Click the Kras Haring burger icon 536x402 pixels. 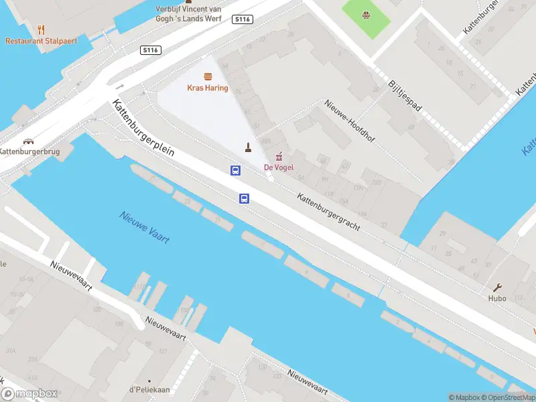tap(207, 77)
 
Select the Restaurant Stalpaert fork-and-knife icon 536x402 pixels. tap(41, 29)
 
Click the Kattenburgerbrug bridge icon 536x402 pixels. tap(28, 141)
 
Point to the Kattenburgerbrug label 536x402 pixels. tap(29, 152)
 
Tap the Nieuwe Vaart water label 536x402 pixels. tap(145, 228)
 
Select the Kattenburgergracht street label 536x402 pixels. tap(328, 212)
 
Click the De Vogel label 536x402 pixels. tap(279, 167)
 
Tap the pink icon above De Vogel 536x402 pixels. tap(279, 155)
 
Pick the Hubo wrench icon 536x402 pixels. tap(497, 287)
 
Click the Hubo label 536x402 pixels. tap(497, 298)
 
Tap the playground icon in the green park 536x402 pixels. tap(366, 15)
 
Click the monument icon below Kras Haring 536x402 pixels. tap(248, 147)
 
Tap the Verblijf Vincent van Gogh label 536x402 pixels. tap(188, 13)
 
